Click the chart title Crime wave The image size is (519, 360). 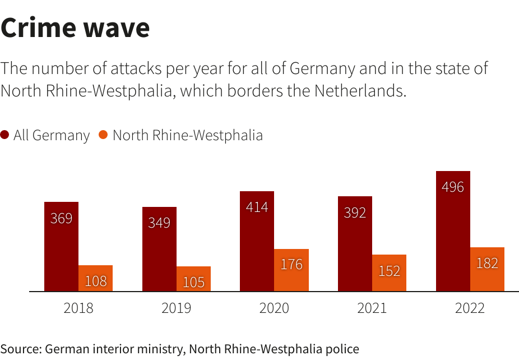click(75, 28)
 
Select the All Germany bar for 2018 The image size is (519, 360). click(61, 247)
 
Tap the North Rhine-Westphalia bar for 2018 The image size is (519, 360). click(95, 279)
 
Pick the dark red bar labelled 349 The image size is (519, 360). click(159, 250)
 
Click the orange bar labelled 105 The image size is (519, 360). click(193, 279)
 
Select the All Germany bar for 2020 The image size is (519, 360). click(257, 241)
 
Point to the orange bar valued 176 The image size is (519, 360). click(291, 270)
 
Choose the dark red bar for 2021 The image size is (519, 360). click(355, 244)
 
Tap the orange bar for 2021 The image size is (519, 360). click(389, 273)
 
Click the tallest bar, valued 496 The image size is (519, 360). click(453, 231)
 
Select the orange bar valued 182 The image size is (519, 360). click(487, 269)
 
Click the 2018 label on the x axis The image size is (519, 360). click(78, 308)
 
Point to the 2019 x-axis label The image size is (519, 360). click(177, 308)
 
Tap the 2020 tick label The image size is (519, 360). click(274, 308)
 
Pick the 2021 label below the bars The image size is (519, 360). click(372, 308)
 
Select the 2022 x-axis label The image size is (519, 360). click(470, 308)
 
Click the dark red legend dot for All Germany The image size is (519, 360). click(5, 135)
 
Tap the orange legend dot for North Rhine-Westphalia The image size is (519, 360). click(103, 135)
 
